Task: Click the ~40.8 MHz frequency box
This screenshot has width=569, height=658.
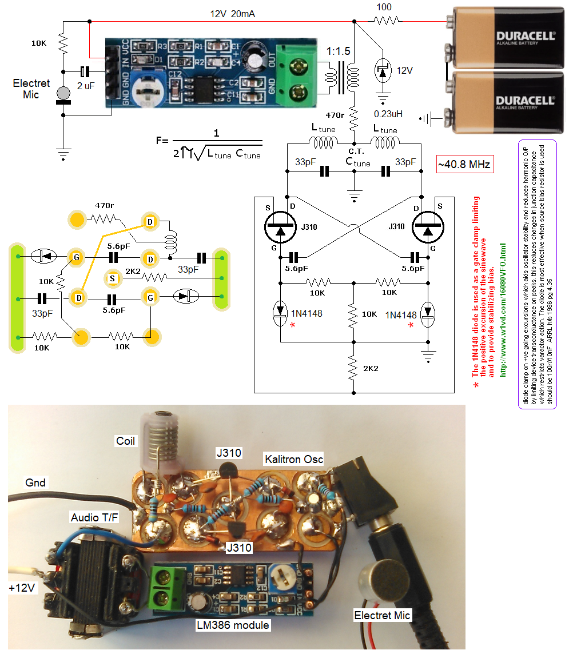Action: click(464, 165)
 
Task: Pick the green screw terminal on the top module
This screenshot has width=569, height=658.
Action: click(296, 75)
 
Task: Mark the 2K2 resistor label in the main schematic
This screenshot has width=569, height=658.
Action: click(371, 368)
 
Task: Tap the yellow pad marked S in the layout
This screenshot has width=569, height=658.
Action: click(113, 278)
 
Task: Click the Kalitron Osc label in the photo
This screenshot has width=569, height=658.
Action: click(293, 459)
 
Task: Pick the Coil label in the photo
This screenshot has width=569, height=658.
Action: click(125, 441)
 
